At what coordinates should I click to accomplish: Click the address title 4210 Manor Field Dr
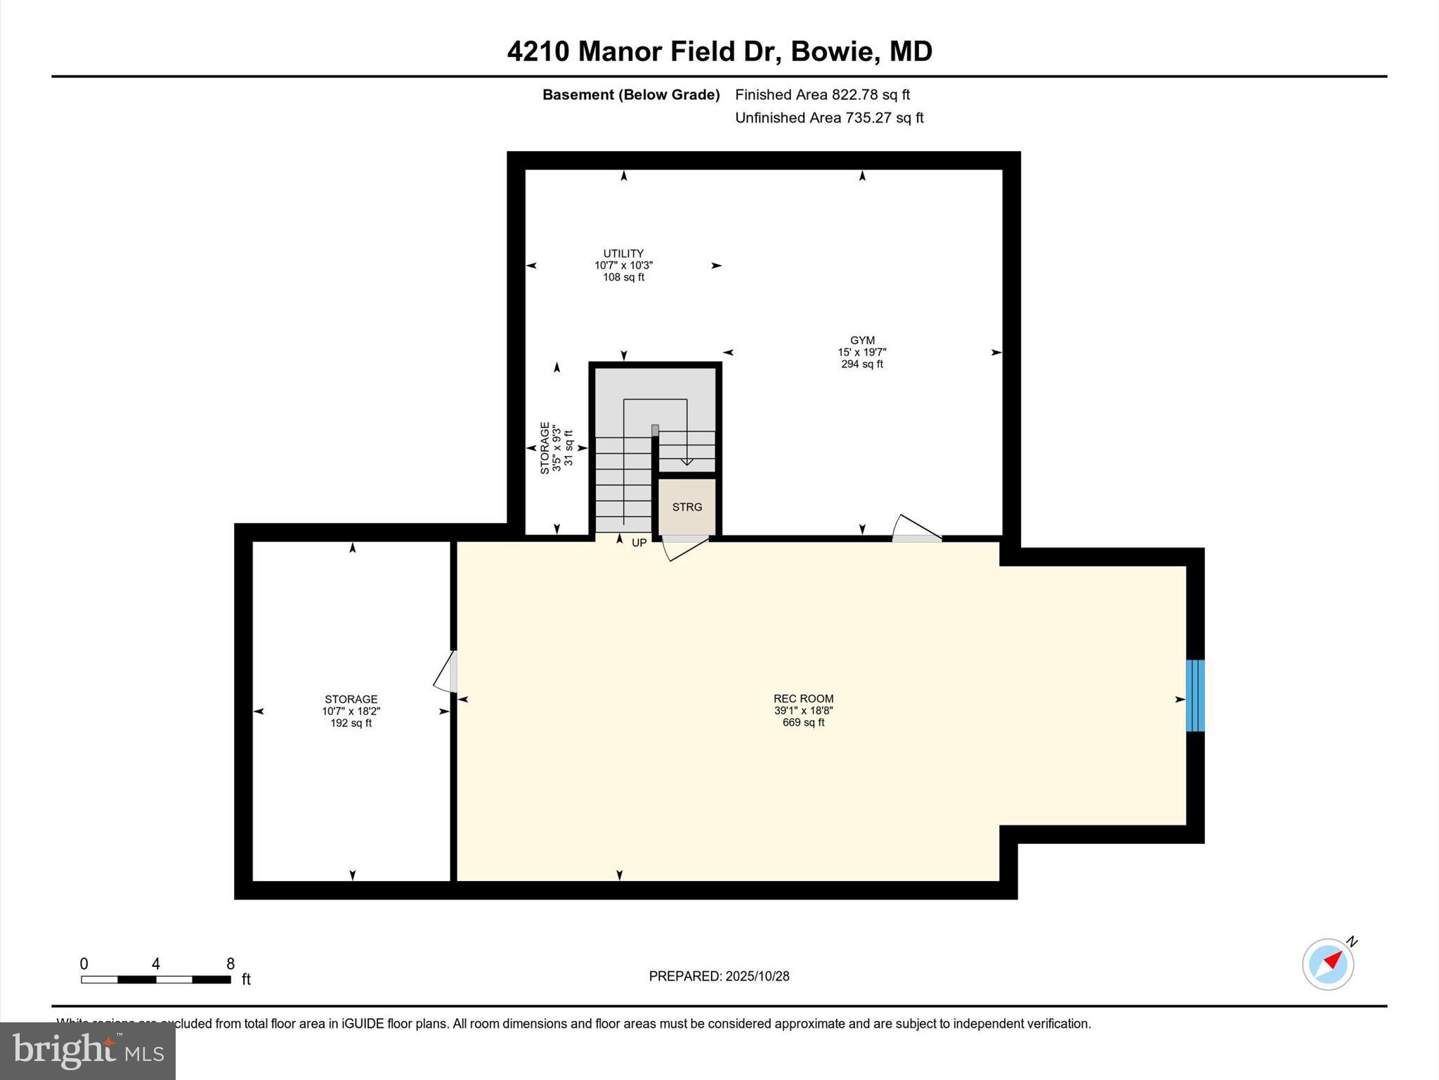point(719,51)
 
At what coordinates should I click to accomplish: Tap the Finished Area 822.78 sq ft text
point(822,94)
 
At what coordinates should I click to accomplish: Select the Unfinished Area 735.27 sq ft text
point(829,117)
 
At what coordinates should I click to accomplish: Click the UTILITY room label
point(623,254)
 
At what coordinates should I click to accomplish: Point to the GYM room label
point(862,340)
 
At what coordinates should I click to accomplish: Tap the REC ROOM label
point(803,698)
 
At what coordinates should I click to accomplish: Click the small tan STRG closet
point(686,507)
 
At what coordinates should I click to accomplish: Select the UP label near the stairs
point(639,543)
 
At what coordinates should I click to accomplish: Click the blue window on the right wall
point(1195,695)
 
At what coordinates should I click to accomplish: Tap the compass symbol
point(1328,964)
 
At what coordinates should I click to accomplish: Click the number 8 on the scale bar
point(230,964)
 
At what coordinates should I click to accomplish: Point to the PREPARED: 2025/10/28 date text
point(719,976)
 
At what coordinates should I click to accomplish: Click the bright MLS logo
point(88,1051)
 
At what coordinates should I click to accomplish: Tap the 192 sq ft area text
point(351,723)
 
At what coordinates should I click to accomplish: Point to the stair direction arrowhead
point(686,462)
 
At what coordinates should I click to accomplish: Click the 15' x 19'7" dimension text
point(862,352)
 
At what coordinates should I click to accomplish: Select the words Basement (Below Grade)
point(631,94)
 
